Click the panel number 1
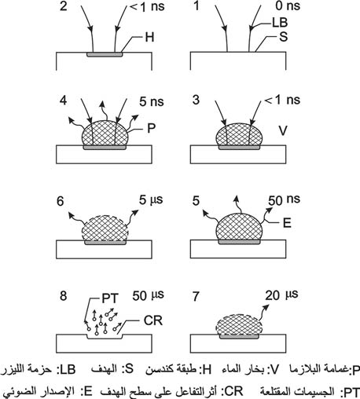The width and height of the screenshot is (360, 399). [x=196, y=5]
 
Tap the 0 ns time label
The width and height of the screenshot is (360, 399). [x=288, y=5]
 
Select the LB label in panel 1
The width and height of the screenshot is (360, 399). [x=280, y=23]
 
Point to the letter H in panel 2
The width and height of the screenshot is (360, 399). [x=149, y=37]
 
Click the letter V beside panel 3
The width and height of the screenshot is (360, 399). [x=283, y=130]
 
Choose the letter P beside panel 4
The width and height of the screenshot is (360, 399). [x=152, y=128]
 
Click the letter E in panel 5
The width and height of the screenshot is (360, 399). [x=287, y=223]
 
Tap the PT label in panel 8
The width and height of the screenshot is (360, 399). [x=110, y=298]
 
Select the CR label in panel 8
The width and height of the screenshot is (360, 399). [x=153, y=320]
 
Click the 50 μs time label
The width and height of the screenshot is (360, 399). [x=148, y=295]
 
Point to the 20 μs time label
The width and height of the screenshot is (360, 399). [x=281, y=295]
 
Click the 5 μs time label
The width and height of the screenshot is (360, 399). [x=151, y=200]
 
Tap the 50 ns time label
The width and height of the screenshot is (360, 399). [x=284, y=200]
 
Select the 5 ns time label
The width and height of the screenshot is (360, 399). [x=152, y=102]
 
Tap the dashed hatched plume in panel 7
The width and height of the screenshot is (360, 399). [x=239, y=324]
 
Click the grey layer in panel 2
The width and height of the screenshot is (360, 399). [x=105, y=54]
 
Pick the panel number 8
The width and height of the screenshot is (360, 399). [x=64, y=296]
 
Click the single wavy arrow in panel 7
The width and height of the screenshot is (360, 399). [x=263, y=313]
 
